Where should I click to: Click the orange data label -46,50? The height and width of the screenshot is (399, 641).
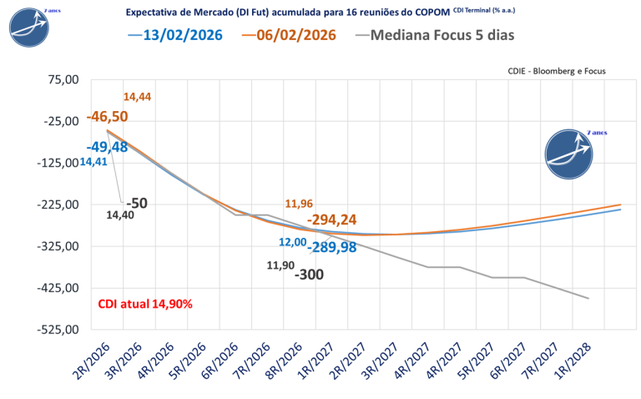pos(107,116)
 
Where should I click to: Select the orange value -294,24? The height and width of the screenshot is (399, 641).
pos(332,220)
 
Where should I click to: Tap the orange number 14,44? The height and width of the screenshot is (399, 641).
pos(137,97)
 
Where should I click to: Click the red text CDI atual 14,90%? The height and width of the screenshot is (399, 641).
pos(145,304)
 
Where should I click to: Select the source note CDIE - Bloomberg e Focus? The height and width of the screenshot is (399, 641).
pos(556,72)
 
